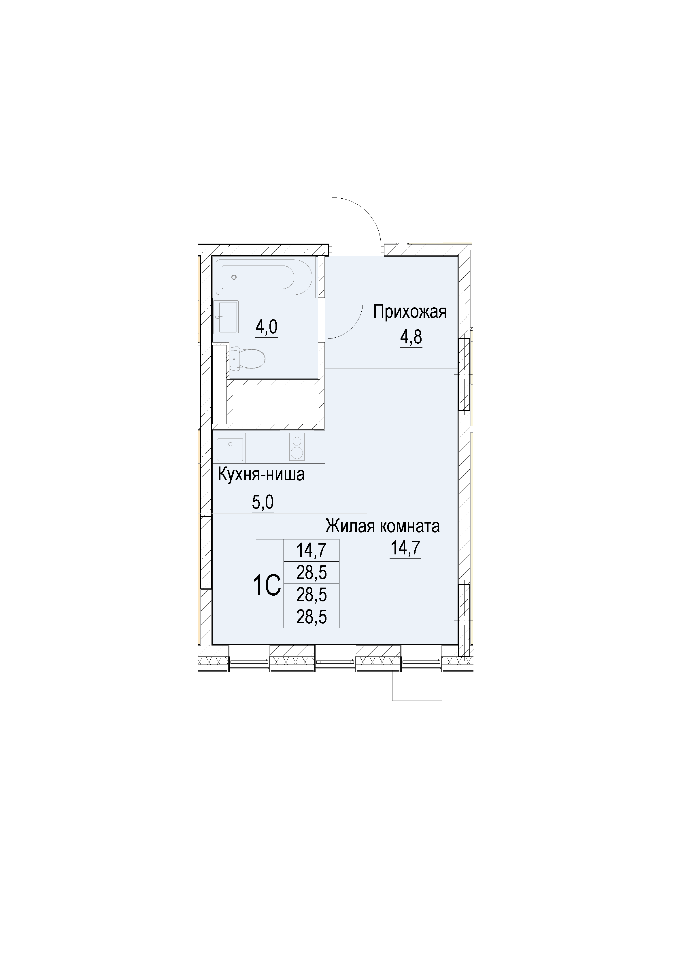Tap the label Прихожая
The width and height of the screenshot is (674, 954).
410,312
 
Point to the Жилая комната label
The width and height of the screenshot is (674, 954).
382,526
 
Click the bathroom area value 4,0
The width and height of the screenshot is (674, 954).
266,328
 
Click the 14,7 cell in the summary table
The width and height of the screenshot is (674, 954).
311,551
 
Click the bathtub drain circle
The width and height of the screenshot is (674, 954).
234,277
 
